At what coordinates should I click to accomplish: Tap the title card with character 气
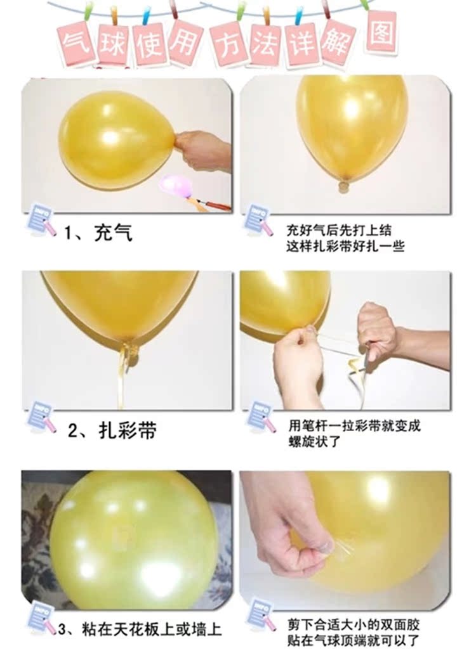[x=76, y=43]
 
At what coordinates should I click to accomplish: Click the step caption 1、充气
[x=98, y=233]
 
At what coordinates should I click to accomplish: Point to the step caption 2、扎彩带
[x=112, y=430]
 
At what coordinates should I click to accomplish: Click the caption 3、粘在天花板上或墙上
[x=140, y=629]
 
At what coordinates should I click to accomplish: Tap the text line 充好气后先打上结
[x=339, y=230]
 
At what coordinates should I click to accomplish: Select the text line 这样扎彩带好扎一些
[x=345, y=246]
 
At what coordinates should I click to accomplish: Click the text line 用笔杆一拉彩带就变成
[x=355, y=425]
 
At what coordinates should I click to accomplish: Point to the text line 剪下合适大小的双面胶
[x=354, y=624]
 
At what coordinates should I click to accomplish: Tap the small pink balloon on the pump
[x=176, y=185]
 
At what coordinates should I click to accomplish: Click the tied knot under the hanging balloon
[x=345, y=186]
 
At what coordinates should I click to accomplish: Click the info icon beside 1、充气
[x=41, y=220]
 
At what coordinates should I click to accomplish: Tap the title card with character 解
[x=340, y=42]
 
